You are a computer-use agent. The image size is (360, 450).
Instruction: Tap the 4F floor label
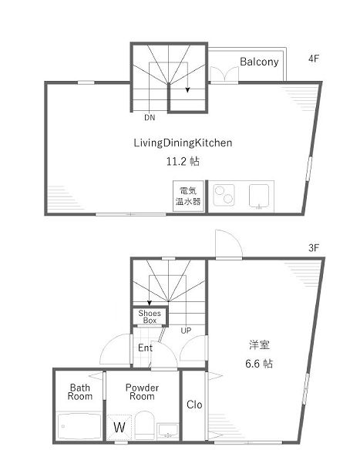[313, 58]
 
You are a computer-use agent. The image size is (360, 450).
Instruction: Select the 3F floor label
[313, 248]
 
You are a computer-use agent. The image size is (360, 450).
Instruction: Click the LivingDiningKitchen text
[183, 143]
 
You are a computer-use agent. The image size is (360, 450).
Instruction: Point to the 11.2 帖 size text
[183, 162]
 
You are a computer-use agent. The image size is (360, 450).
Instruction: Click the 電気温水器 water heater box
[187, 196]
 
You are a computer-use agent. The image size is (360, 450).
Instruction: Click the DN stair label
[149, 118]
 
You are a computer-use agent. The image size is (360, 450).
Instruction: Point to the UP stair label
[186, 331]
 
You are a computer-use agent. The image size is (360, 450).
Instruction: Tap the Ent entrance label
[145, 348]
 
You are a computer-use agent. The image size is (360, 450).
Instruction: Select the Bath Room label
[80, 392]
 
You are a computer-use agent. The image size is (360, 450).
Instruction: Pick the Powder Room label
[143, 392]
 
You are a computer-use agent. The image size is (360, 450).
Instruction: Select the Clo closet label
[194, 405]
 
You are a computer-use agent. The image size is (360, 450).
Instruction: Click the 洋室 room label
[257, 345]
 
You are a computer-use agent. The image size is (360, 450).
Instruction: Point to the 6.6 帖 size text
[257, 364]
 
